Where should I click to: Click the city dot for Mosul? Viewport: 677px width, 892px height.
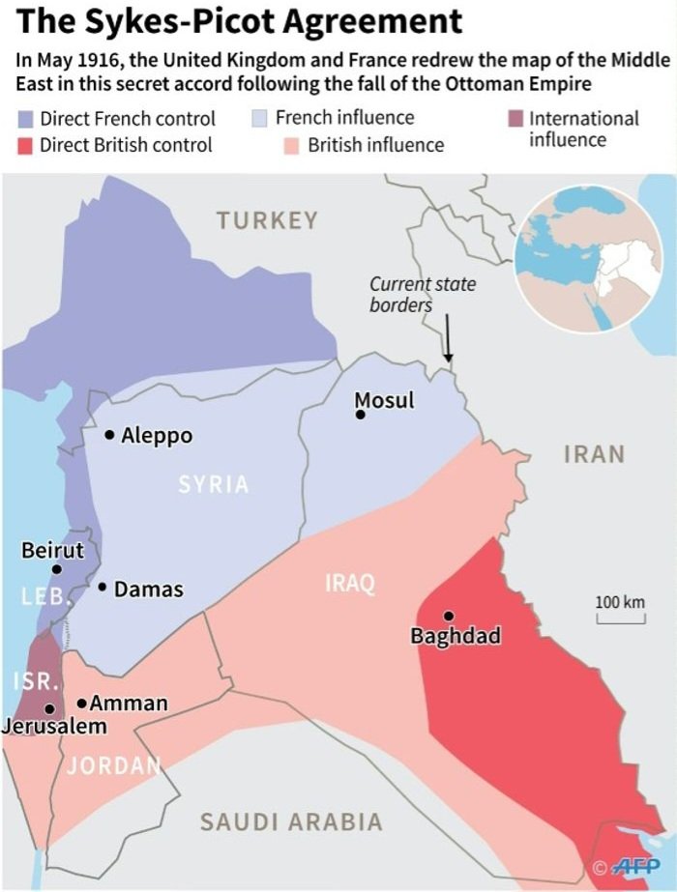[360, 415]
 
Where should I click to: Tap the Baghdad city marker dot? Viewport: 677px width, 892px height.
[448, 616]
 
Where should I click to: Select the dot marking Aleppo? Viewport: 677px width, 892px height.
[110, 435]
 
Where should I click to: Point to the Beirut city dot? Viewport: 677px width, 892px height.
[57, 569]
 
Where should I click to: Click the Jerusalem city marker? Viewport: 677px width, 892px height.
[48, 708]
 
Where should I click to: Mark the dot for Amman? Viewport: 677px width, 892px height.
[82, 703]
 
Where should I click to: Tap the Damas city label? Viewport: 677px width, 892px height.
[148, 589]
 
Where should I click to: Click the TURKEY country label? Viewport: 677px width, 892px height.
[267, 220]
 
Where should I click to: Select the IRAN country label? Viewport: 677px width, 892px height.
[594, 454]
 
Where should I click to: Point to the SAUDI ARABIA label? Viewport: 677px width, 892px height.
[291, 822]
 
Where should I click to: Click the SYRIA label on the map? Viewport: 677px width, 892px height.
[214, 485]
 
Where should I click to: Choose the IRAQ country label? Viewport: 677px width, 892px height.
[349, 584]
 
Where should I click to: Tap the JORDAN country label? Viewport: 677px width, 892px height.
[113, 766]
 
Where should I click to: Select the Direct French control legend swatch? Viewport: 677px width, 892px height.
[27, 120]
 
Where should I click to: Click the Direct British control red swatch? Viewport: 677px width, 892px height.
[27, 146]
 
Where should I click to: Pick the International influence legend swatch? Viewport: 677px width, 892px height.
[516, 119]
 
